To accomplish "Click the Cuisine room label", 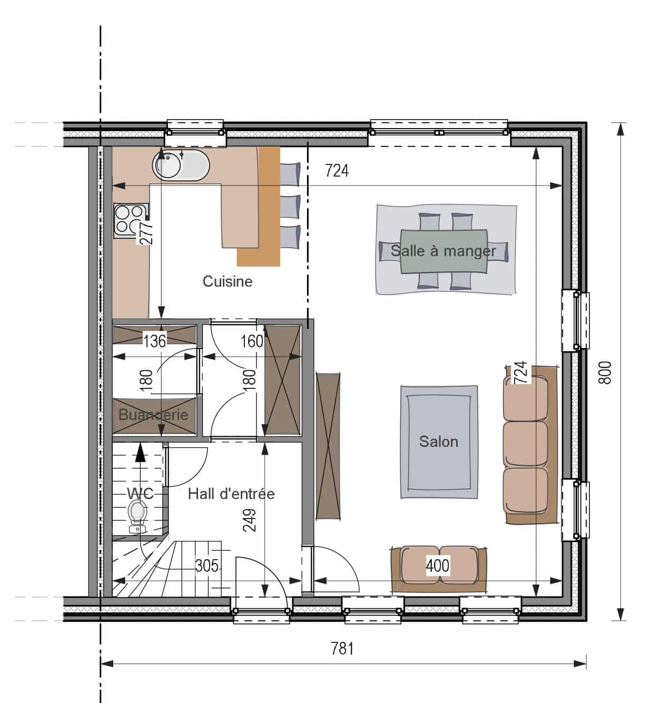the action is click(x=228, y=281).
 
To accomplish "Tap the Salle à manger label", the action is click(x=443, y=251).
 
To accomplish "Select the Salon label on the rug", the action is click(x=438, y=442).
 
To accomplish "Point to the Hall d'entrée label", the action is click(x=231, y=494).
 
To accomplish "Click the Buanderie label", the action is click(x=153, y=415).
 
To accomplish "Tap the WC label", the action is click(x=140, y=493).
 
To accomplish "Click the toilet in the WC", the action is click(x=137, y=515).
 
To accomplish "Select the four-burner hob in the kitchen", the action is click(x=131, y=220).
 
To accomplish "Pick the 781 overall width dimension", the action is click(x=342, y=649).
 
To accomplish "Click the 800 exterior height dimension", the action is click(x=605, y=373).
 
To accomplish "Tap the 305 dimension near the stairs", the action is click(x=206, y=565).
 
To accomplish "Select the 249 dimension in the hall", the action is click(x=250, y=520).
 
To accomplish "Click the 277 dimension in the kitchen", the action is click(x=146, y=232).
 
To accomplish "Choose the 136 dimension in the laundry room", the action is click(x=154, y=341).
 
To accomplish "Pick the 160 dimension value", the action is click(x=252, y=341).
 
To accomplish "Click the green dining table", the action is click(x=444, y=252).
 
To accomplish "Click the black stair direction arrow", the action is click(x=141, y=452).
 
